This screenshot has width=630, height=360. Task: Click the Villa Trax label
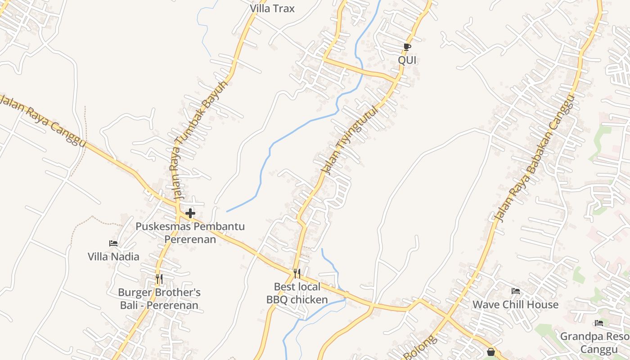click(x=272, y=8)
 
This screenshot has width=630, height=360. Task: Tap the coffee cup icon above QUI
click(x=407, y=47)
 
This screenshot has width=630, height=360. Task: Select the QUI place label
click(x=407, y=60)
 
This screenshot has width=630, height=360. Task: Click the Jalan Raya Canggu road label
click(x=43, y=121)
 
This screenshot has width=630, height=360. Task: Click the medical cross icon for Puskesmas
click(x=190, y=213)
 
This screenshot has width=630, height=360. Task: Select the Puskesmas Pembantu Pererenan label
click(x=190, y=232)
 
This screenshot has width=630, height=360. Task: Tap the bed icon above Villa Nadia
click(x=113, y=243)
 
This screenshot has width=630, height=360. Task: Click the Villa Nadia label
click(x=113, y=256)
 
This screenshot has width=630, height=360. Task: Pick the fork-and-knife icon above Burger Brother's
click(x=159, y=279)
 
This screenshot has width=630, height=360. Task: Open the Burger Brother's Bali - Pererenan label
click(x=159, y=299)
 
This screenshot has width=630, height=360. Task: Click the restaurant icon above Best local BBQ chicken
click(x=297, y=273)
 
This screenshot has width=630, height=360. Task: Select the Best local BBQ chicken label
click(x=297, y=293)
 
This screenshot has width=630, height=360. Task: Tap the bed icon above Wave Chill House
click(x=515, y=291)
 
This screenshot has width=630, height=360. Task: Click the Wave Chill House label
click(x=515, y=305)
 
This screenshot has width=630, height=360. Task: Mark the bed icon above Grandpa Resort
click(x=598, y=323)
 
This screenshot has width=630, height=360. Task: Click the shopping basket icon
click(x=491, y=352)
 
